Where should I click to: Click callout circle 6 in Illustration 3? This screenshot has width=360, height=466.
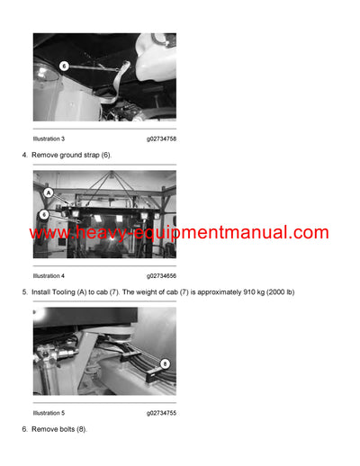click(64, 66)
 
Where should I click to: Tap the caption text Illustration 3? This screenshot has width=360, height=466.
click(49, 139)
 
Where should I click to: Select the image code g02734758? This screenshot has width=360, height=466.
click(161, 139)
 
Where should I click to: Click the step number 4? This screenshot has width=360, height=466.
click(24, 156)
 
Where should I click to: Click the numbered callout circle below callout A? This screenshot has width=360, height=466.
click(43, 215)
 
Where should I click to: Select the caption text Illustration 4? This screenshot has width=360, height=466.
click(49, 275)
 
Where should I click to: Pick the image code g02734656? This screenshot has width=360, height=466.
click(161, 275)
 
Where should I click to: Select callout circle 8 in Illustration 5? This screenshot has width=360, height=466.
click(165, 363)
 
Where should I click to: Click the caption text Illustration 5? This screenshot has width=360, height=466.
click(49, 413)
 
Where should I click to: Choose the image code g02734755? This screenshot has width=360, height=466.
click(161, 413)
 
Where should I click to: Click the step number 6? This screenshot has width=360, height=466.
click(24, 430)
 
